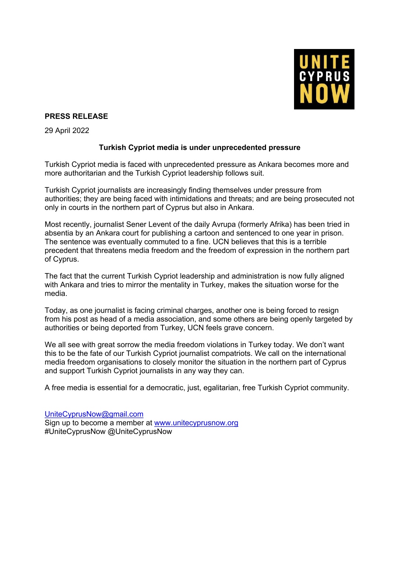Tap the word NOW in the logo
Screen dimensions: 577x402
click(x=324, y=94)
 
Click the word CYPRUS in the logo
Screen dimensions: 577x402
click(x=324, y=77)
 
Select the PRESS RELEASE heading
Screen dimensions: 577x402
click(x=76, y=116)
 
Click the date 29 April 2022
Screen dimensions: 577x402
click(x=67, y=131)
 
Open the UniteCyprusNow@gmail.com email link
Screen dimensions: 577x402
click(x=94, y=414)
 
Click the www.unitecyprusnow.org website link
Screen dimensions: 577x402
click(x=196, y=423)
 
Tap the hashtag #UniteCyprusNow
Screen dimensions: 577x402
click(x=75, y=432)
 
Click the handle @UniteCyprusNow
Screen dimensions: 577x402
click(x=140, y=432)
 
